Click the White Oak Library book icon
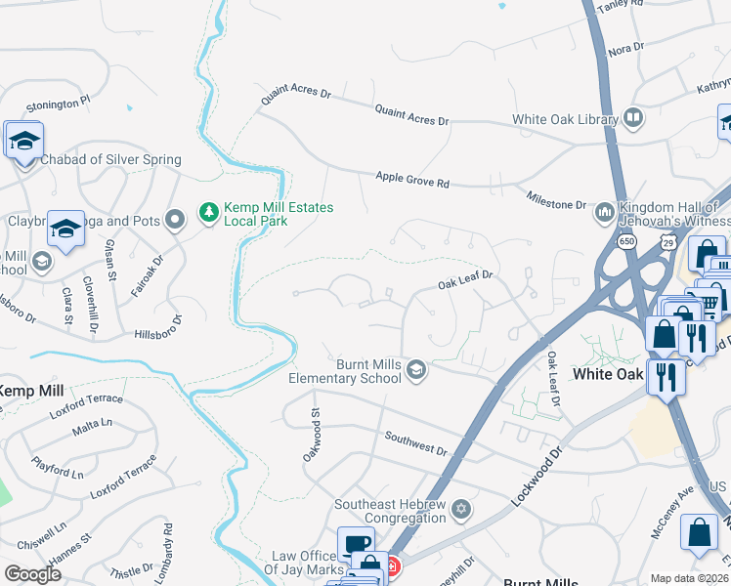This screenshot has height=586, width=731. pyautogui.click(x=633, y=119)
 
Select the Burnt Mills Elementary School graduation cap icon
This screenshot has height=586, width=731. pyautogui.click(x=416, y=369)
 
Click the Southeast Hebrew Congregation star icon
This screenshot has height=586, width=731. pyautogui.click(x=461, y=510)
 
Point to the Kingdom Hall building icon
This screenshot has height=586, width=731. pyautogui.click(x=604, y=211)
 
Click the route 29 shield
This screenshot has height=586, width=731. pyautogui.click(x=667, y=241)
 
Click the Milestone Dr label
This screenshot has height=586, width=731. pyautogui.click(x=556, y=201)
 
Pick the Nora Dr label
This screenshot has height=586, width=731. pyautogui.click(x=625, y=48)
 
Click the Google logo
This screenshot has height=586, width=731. pyautogui.click(x=32, y=573)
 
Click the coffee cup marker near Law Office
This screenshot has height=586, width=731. pyautogui.click(x=355, y=544)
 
